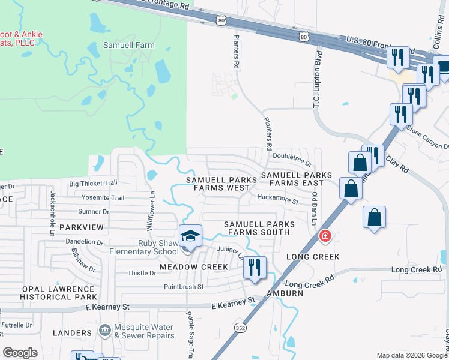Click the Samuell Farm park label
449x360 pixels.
click(129, 45)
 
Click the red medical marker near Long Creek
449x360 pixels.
click(325, 236)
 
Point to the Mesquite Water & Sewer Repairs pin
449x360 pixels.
click(105, 329)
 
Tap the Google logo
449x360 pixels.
click(20, 353)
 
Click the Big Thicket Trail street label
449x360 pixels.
click(93, 184)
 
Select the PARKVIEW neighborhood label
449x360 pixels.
click(82, 227)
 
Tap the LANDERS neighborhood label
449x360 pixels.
click(72, 333)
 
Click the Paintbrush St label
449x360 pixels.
click(184, 287)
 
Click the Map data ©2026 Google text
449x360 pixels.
click(411, 355)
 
